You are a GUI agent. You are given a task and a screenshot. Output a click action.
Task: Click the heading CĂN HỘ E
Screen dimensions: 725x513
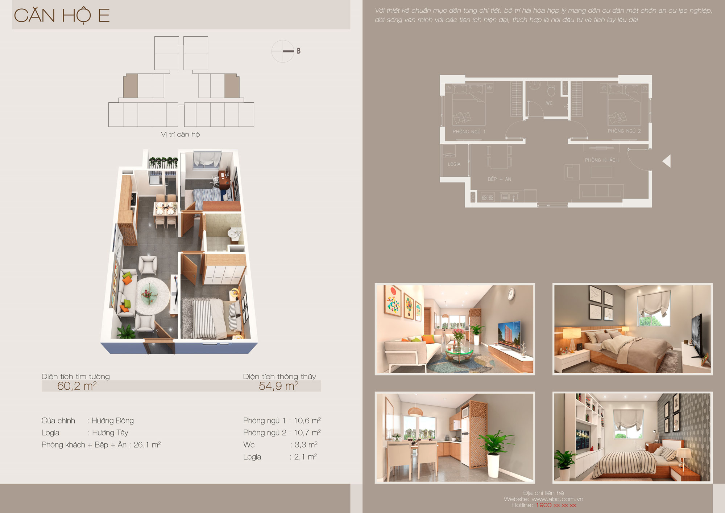pos(62,15)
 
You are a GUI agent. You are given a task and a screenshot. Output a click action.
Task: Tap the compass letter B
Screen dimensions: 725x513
pos(299,51)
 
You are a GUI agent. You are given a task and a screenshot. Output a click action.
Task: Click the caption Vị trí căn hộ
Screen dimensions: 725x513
pos(180,135)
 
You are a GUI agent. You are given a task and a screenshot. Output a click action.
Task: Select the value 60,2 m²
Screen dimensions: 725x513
pos(77,386)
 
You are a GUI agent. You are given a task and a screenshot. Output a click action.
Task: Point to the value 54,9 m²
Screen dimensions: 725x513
pos(278,386)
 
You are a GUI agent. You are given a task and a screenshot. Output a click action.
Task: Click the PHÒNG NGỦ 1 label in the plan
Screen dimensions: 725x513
pos(469,131)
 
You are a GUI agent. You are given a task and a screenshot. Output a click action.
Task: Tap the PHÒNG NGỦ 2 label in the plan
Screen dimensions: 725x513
pos(624,131)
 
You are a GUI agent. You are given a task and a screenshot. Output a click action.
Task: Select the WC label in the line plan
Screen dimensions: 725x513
pos(550,103)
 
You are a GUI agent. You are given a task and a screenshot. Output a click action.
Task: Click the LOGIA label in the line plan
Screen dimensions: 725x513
pos(454,164)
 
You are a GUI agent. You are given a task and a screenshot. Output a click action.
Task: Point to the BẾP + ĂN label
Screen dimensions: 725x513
pos(499,179)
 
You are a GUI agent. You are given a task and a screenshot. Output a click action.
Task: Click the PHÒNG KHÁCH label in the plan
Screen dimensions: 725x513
pos(602,160)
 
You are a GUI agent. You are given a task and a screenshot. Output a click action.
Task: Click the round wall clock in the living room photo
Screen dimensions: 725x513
pos(511,294)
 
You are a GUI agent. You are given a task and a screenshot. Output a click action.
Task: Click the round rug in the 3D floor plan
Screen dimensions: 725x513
pos(153,295)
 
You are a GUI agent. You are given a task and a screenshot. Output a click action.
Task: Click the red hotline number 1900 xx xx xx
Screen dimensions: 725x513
pos(556,505)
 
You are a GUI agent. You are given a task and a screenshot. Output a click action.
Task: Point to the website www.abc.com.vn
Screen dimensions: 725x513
pos(558,499)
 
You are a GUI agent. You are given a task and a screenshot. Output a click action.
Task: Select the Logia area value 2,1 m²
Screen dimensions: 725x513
pos(305,457)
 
